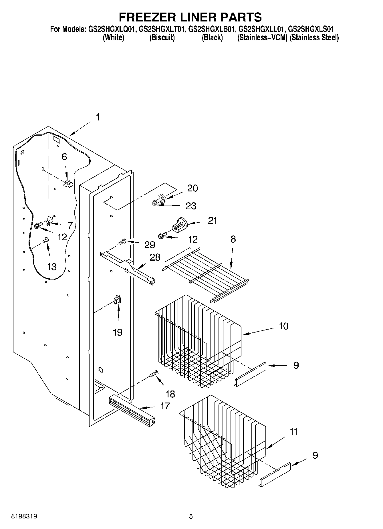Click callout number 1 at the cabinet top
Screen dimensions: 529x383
tap(98, 117)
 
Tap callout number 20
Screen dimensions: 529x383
tap(193, 188)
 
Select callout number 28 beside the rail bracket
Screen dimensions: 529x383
tap(155, 257)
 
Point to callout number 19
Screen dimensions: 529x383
tap(118, 332)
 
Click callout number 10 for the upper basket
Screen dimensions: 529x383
tap(283, 326)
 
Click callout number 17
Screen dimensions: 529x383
tap(165, 406)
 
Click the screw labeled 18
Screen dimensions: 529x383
tap(153, 374)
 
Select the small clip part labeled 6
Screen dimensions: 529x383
tap(68, 183)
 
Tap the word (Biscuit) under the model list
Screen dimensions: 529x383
tap(162, 37)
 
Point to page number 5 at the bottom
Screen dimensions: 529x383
tap(191, 516)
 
